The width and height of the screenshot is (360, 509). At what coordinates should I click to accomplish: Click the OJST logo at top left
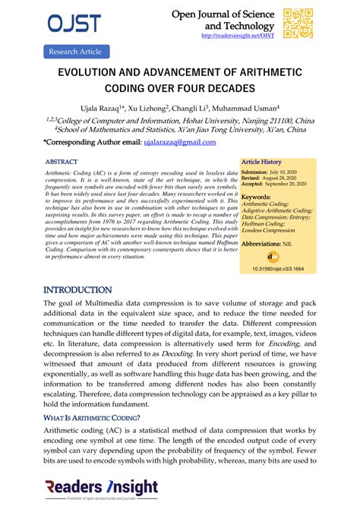[74, 24]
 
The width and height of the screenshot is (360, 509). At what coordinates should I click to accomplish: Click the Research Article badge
[74, 52]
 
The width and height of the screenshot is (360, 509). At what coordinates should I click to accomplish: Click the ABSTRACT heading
[62, 163]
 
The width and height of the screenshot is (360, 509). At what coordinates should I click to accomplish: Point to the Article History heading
[261, 162]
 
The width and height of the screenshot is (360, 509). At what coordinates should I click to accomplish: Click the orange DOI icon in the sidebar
[274, 256]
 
